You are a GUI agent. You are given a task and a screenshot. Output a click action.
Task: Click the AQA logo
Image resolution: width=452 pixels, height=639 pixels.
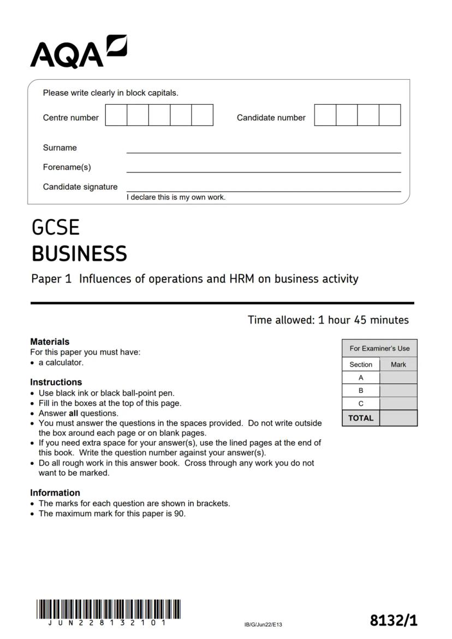[78, 52]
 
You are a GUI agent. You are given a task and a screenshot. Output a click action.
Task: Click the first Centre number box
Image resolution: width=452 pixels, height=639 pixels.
[116, 115]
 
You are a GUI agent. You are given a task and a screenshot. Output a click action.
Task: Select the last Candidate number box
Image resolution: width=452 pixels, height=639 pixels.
[390, 115]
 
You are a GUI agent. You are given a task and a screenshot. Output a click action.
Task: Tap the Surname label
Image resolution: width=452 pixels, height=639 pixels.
[60, 148]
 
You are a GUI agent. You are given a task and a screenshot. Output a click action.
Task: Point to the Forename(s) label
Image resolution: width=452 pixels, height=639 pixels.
[67, 167]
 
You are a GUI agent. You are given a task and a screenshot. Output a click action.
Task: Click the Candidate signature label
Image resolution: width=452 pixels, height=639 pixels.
[80, 187]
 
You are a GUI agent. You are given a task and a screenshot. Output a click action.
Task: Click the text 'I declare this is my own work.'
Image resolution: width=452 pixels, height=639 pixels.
[176, 198]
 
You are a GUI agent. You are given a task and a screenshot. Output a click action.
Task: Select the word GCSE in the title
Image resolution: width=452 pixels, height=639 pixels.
[56, 228]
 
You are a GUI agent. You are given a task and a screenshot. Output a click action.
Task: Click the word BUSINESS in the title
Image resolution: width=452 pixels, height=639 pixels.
[79, 254]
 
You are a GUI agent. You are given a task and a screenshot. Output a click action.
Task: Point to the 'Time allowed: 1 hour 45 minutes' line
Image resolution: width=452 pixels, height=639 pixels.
[328, 320]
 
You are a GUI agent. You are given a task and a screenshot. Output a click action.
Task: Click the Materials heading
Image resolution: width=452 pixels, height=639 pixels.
[50, 342]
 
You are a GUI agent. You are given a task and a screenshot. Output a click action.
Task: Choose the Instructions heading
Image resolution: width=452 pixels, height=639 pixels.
[56, 382]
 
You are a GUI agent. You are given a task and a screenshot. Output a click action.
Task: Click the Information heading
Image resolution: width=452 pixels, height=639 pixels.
[55, 493]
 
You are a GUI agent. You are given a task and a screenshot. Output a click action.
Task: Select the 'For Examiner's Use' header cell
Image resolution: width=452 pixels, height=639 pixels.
[379, 348]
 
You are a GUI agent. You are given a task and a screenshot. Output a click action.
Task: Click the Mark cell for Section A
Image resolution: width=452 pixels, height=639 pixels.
[398, 378]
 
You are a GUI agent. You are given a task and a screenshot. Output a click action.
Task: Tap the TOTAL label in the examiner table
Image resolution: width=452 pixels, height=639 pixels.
[361, 418]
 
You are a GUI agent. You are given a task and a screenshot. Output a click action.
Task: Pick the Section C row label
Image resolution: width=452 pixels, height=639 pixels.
[361, 404]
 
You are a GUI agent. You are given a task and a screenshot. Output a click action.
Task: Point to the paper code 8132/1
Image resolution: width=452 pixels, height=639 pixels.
[393, 620]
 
